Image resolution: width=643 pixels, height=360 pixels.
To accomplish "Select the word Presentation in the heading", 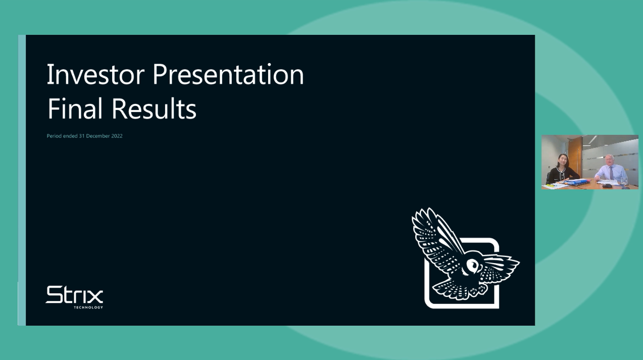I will (228, 75).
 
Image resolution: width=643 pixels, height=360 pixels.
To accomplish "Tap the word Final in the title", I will (75, 109).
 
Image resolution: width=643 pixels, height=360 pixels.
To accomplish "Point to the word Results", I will (154, 109).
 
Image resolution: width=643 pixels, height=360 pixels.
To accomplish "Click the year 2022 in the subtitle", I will (116, 136).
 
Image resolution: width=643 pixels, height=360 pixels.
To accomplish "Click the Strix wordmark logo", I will (74, 295).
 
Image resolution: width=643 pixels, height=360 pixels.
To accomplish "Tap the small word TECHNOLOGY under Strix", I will (88, 307).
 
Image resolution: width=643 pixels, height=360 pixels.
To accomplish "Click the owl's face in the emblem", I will (472, 264).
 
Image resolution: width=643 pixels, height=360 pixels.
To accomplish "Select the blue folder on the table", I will (576, 182).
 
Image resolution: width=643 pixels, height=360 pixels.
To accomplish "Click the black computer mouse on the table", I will (607, 186).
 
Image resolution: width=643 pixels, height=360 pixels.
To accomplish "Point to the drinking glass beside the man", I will (624, 180).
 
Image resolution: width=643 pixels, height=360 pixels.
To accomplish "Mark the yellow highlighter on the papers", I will (551, 185).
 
